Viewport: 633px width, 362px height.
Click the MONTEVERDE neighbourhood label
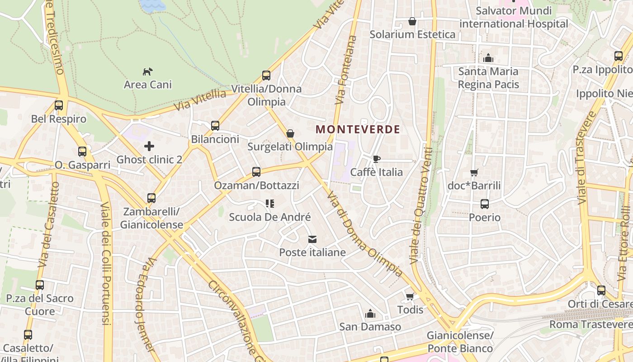[358, 129]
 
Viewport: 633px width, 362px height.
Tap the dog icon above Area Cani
[148, 71]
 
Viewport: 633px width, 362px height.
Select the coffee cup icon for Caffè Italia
[376, 159]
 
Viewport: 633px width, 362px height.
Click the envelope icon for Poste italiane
[312, 239]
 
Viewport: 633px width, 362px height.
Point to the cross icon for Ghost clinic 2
[149, 146]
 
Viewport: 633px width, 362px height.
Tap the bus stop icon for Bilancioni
[215, 126]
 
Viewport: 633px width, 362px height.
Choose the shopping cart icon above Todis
[410, 297]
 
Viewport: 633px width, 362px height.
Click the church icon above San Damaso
[370, 314]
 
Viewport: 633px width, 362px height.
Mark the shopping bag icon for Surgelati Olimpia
[290, 133]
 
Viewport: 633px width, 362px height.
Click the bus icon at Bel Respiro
[59, 105]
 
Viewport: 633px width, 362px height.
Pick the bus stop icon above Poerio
[485, 204]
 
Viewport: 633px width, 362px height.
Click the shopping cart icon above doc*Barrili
[474, 172]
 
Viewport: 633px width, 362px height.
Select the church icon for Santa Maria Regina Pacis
[488, 58]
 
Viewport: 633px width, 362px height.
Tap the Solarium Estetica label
[412, 34]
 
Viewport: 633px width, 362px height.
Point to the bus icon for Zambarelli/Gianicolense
[151, 198]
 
